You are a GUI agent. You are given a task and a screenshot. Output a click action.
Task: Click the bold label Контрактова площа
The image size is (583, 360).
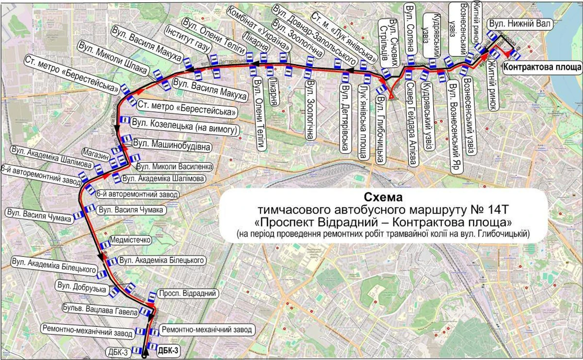542,67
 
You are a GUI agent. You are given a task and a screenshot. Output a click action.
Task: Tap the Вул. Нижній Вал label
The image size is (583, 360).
518,24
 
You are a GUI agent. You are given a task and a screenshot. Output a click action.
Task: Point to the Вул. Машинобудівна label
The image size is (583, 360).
172,144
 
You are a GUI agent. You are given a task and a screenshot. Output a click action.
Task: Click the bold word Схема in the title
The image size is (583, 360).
383,198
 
